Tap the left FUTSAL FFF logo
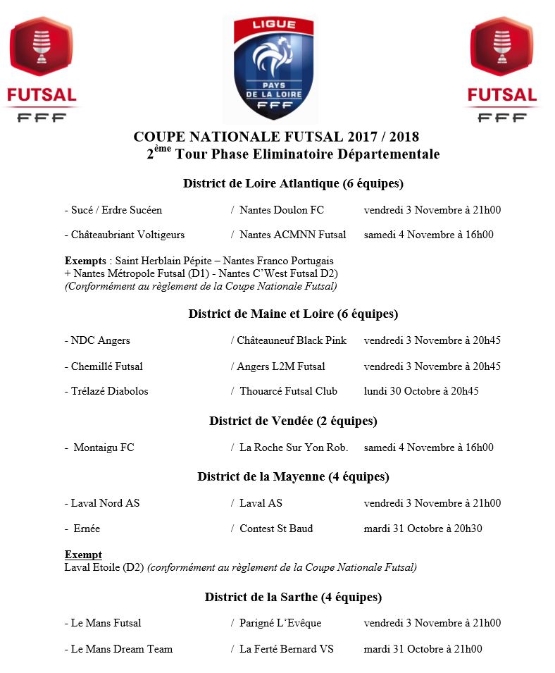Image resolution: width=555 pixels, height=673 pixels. pos(42,70)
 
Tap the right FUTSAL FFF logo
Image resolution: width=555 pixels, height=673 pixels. pos(502,70)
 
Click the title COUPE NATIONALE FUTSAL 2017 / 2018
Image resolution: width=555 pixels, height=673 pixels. pos(276,137)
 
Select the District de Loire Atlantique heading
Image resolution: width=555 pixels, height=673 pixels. pos(293,184)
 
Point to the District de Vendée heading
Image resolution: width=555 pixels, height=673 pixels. pos(293,421)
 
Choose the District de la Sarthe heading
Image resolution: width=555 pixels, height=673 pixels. pos(293,597)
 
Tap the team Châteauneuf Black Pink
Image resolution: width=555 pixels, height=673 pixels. pos(292,340)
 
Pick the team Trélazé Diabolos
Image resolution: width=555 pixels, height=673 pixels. pos(109,391)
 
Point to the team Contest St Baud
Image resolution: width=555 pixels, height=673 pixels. pos(276,529)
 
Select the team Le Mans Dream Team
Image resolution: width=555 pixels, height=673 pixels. pos(121,649)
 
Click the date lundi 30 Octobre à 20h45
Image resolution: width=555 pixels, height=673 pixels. pos(421,391)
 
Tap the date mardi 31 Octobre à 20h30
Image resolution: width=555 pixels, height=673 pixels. pos(423,529)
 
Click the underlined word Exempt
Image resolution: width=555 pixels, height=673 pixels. pos(83,555)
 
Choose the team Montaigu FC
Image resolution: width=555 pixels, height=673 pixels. pos(104,447)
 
